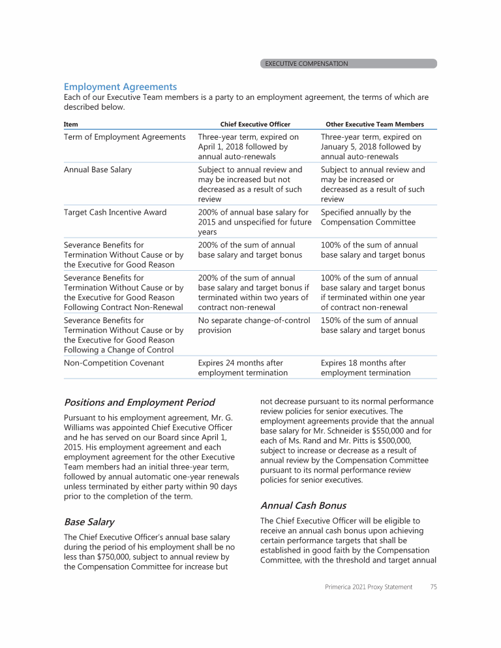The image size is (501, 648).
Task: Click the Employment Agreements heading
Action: tap(120, 86)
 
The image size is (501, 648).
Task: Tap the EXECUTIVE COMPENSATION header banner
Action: tap(306, 64)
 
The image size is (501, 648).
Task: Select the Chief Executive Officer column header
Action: tap(255, 124)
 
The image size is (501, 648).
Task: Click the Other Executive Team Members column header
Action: tap(374, 124)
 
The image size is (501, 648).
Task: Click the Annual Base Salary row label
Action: tap(98, 170)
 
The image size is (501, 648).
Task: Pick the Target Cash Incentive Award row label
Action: tap(115, 212)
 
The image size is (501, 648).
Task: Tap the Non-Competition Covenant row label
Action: tap(114, 363)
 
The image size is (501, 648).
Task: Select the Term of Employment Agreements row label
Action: tap(125, 137)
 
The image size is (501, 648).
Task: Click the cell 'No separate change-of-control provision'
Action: tap(254, 325)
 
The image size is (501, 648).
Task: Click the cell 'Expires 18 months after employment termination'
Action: tap(365, 367)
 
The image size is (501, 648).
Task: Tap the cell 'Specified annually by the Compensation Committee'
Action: tap(368, 217)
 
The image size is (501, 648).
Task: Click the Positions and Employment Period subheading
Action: tap(139, 402)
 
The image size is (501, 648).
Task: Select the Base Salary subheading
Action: tap(89, 522)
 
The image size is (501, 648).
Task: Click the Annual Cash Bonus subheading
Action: tap(303, 505)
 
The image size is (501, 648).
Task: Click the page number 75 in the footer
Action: tap(433, 587)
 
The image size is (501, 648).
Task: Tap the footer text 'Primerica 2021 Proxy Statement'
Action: tap(369, 587)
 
